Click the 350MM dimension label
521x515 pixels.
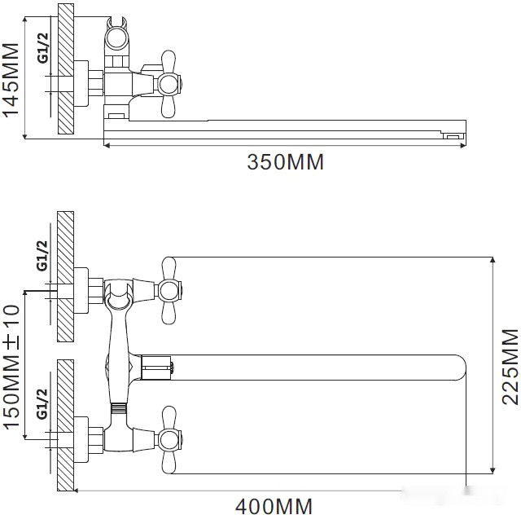click(x=285, y=162)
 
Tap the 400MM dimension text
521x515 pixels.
click(x=274, y=506)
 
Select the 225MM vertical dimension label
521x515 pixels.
click(x=510, y=366)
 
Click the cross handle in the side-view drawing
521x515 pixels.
click(x=168, y=83)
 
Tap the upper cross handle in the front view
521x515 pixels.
click(x=169, y=289)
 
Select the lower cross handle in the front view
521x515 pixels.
click(x=169, y=441)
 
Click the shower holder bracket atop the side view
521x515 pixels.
click(x=117, y=37)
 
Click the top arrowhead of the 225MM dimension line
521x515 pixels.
click(x=492, y=262)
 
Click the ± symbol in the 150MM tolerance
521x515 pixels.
click(x=11, y=341)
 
